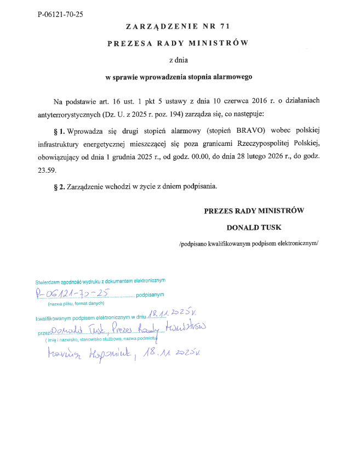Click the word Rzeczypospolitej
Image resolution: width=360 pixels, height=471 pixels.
click(x=262, y=144)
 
